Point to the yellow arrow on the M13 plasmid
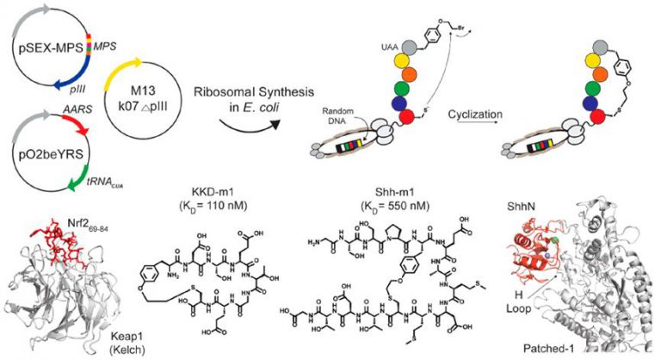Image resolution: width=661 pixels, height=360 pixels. (x=129, y=51)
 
